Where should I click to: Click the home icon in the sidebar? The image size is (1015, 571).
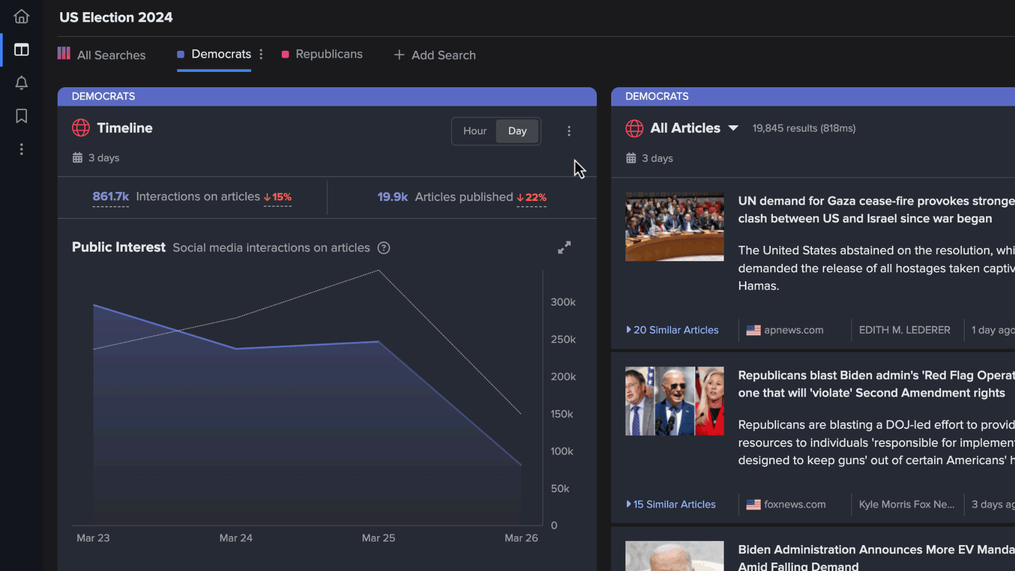point(21,17)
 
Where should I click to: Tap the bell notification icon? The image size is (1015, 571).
point(21,83)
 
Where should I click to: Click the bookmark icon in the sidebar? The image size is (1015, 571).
point(21,116)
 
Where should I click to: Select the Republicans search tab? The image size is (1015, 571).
point(328,54)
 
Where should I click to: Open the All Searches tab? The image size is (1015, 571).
point(110,55)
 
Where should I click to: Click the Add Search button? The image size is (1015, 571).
point(435,55)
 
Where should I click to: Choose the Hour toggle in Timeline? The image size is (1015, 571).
point(474,131)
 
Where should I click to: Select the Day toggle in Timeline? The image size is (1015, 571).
point(517,131)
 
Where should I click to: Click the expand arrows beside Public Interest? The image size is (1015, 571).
point(564,247)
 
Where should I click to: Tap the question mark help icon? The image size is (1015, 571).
point(384,248)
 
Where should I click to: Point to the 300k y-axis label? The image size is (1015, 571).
point(562,302)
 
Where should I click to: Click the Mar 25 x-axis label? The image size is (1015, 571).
point(378,538)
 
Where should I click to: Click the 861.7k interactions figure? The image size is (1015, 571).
point(110,197)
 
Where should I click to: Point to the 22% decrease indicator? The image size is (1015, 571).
point(531,197)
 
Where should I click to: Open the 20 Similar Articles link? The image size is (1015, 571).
point(676,330)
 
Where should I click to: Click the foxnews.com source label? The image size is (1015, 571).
point(794,504)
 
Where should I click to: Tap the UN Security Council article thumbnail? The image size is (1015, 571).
point(674,227)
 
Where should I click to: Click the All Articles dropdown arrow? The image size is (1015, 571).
point(733,128)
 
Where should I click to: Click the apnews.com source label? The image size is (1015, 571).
point(793,330)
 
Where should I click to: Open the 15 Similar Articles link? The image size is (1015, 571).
point(674,504)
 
